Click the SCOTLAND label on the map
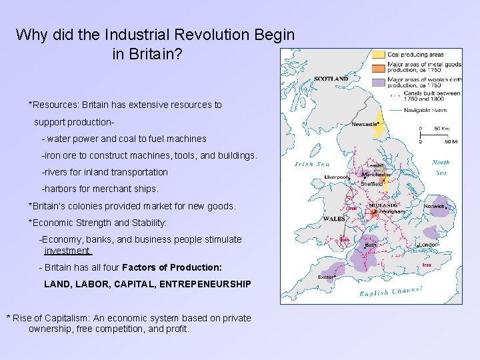click(331, 79)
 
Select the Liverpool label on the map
click(336, 177)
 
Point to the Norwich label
click(434, 207)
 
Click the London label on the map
click(428, 245)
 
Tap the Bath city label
click(370, 245)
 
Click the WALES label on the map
click(333, 219)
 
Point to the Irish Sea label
click(313, 165)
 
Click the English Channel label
click(391, 291)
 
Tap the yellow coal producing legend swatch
click(378, 55)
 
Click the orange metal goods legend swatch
click(378, 67)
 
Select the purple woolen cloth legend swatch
click(378, 83)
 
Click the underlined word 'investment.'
click(68, 251)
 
